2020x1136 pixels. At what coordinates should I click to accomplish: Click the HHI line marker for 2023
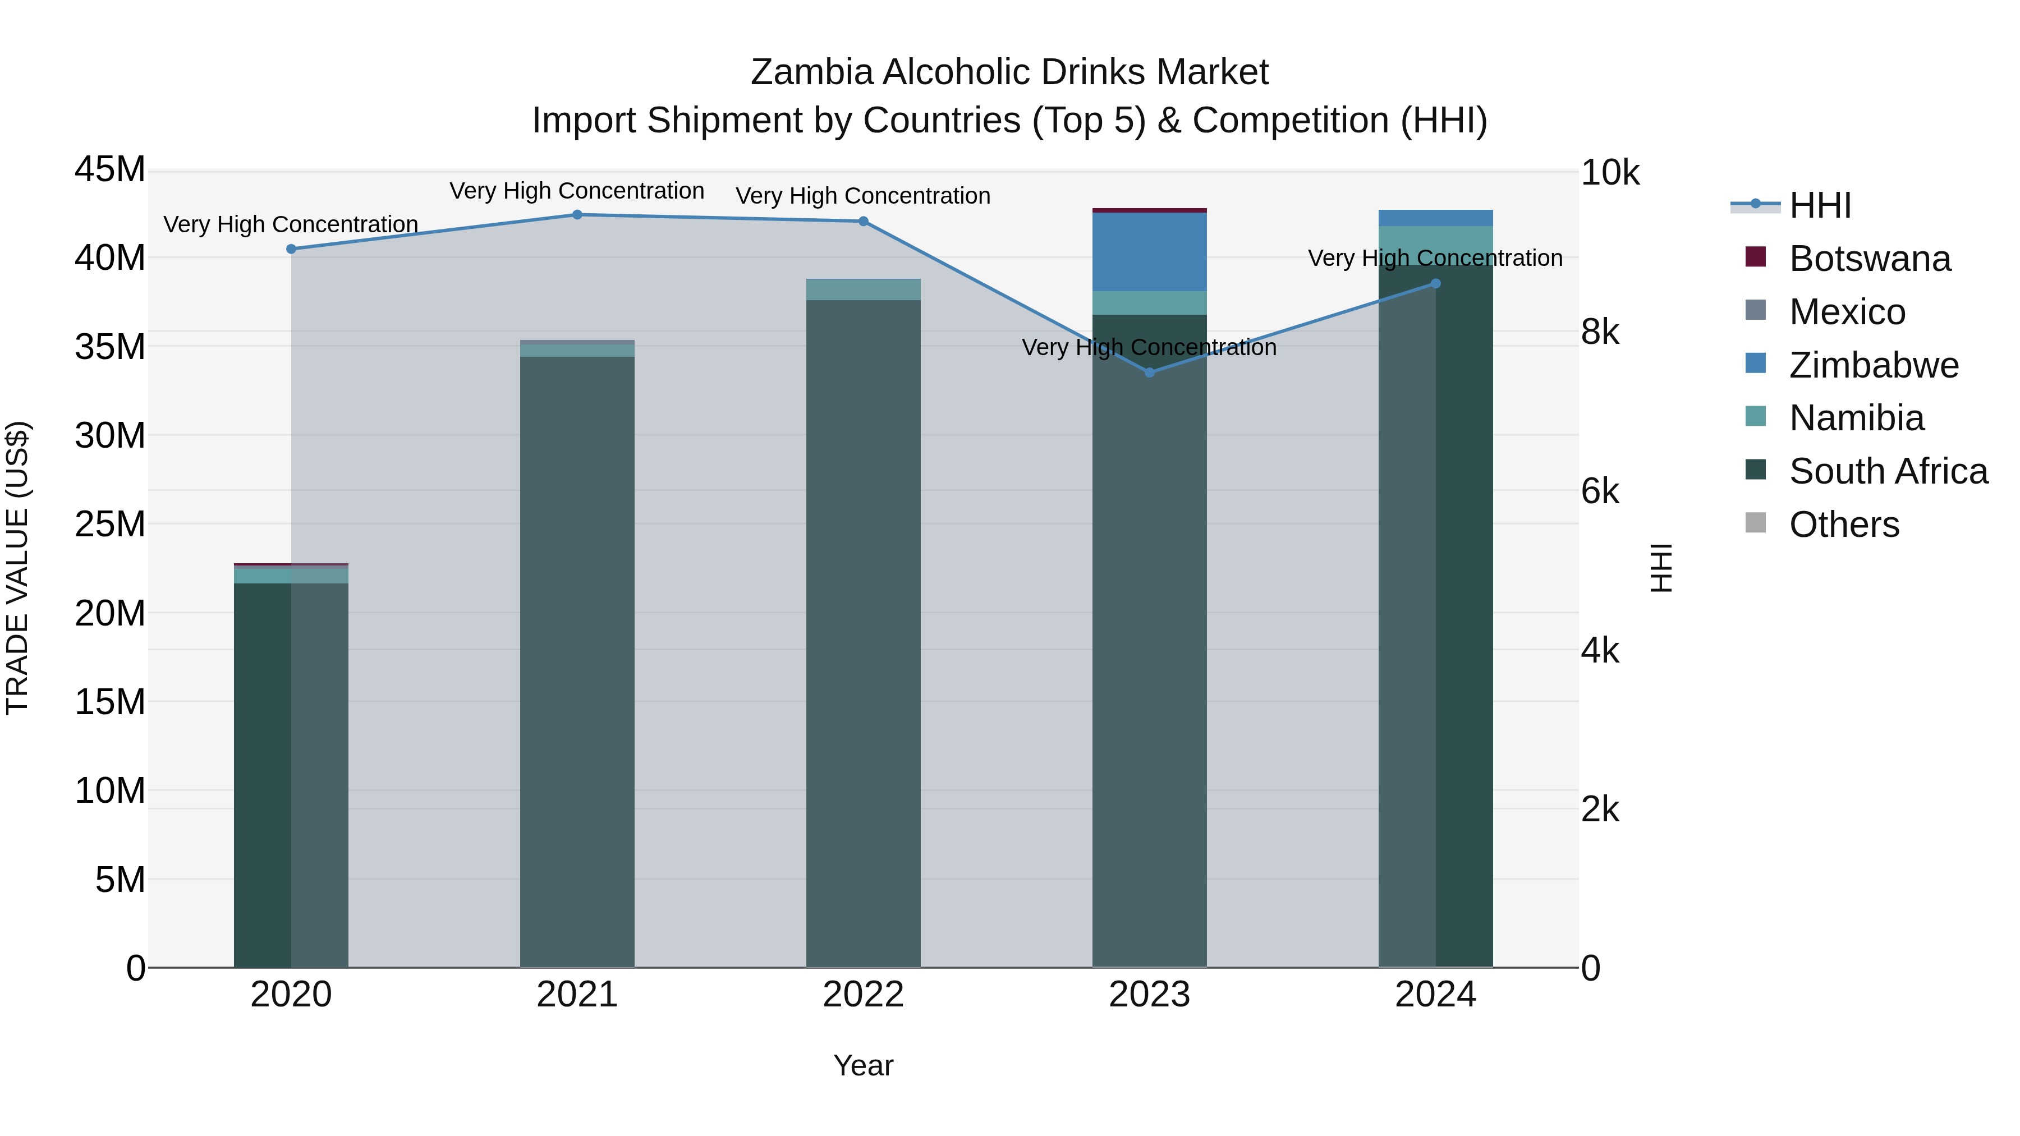click(1150, 372)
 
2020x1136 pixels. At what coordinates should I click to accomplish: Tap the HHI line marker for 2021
click(577, 215)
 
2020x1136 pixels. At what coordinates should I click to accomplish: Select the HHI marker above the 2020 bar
click(291, 249)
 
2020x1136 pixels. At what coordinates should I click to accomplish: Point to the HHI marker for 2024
click(1436, 284)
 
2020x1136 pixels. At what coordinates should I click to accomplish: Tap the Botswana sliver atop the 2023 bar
click(1150, 210)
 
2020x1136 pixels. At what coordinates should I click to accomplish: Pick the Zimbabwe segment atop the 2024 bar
click(1436, 218)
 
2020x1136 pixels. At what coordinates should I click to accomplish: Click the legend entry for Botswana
click(1870, 259)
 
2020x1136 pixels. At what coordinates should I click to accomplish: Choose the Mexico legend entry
click(1847, 312)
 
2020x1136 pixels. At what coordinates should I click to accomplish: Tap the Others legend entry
click(1844, 525)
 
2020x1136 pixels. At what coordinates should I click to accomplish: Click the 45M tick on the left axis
click(110, 169)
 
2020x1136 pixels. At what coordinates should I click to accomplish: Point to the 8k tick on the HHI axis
click(1600, 333)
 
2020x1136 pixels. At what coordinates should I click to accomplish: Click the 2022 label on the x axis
click(864, 995)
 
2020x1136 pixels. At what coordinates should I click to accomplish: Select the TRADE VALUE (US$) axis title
click(17, 568)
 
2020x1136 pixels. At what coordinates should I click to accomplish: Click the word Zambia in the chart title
click(811, 72)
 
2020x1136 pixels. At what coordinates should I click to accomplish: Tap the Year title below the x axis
click(864, 1065)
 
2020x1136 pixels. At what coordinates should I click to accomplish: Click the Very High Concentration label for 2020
click(291, 224)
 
